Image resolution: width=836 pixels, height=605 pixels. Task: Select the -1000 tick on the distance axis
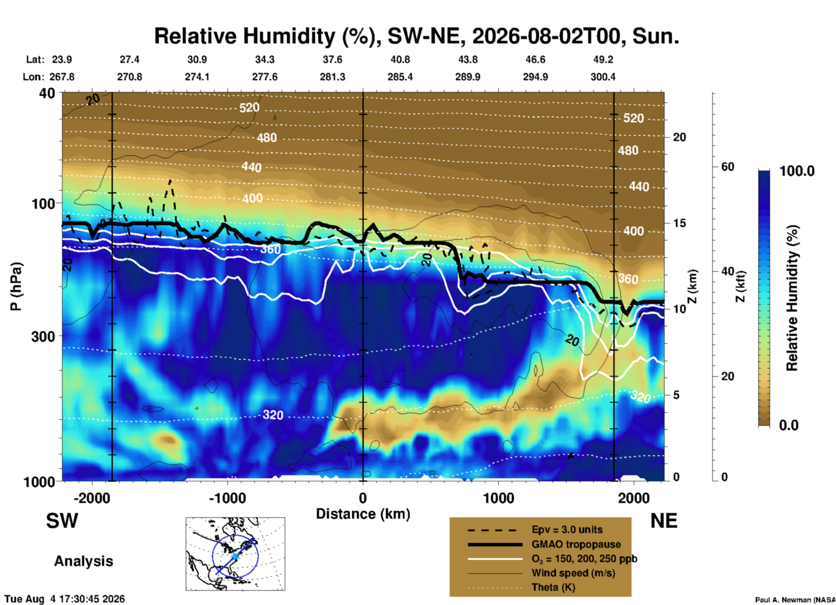[227, 498]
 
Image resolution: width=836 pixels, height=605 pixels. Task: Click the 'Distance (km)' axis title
[363, 514]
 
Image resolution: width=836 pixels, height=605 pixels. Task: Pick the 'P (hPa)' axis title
[16, 286]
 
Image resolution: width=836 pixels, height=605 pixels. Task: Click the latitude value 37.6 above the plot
[332, 59]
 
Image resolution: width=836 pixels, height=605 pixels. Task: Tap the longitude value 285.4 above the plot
[400, 77]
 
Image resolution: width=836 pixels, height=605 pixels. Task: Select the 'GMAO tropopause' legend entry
[576, 544]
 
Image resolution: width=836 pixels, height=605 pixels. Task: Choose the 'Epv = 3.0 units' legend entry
[567, 530]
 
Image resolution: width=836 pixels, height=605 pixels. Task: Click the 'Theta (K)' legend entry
[553, 587]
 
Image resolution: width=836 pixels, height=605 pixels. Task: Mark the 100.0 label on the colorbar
[797, 171]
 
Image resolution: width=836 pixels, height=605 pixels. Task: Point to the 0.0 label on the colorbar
[788, 425]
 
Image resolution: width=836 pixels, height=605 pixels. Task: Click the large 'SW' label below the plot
[62, 521]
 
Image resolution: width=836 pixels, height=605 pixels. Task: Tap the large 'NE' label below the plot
[664, 521]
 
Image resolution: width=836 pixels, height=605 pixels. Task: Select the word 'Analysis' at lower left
[83, 561]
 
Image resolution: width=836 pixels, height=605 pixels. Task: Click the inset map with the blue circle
[235, 554]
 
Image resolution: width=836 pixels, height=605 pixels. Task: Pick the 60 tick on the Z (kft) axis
[727, 167]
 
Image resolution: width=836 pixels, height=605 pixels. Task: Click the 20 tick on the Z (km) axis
[679, 137]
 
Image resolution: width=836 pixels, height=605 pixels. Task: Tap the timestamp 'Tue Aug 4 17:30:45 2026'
[65, 599]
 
